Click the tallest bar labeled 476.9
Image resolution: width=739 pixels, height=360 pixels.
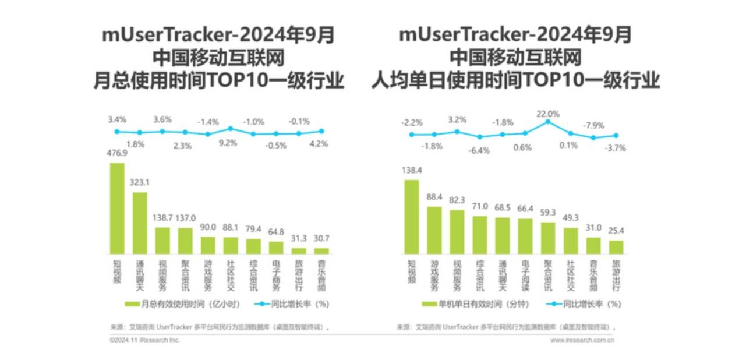(117, 208)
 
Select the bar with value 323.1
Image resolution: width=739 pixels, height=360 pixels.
(140, 223)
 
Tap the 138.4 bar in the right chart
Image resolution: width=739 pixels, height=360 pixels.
(412, 216)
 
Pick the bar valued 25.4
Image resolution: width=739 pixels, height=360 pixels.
(616, 247)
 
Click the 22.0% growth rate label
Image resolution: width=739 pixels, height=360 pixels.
(547, 114)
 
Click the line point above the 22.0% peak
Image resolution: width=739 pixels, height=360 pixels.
(548, 122)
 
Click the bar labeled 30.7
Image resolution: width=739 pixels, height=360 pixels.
(321, 250)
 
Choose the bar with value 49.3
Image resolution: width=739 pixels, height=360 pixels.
(571, 241)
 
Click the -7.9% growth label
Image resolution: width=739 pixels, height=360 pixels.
(594, 125)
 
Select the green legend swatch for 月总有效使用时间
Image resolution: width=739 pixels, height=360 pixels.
(131, 303)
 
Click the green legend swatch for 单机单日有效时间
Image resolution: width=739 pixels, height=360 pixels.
(429, 303)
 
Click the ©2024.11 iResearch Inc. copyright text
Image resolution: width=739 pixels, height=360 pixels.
(144, 340)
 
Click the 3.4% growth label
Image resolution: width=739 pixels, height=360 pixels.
(116, 119)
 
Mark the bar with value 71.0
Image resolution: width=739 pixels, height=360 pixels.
(480, 235)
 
